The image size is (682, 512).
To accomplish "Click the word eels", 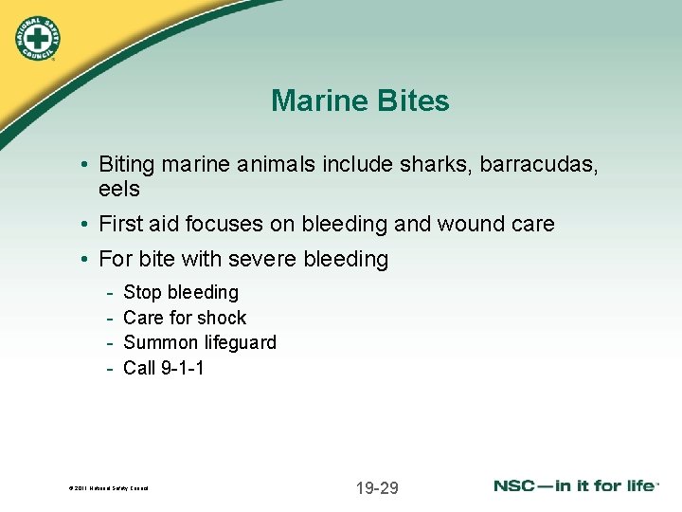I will pyautogui.click(x=118, y=190).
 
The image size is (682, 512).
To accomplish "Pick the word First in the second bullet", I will pyautogui.click(x=120, y=225).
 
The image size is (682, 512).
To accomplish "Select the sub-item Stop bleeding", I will pyautogui.click(x=181, y=292).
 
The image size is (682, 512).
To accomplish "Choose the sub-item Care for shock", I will pyautogui.click(x=185, y=318).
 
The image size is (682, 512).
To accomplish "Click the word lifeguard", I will pyautogui.click(x=238, y=342).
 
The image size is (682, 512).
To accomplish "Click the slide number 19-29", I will pyautogui.click(x=377, y=488).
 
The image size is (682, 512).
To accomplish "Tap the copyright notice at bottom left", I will pyautogui.click(x=109, y=489).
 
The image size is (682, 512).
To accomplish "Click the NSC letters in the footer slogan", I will pyautogui.click(x=515, y=486).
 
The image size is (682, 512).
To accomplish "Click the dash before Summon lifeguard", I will pyautogui.click(x=111, y=342).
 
